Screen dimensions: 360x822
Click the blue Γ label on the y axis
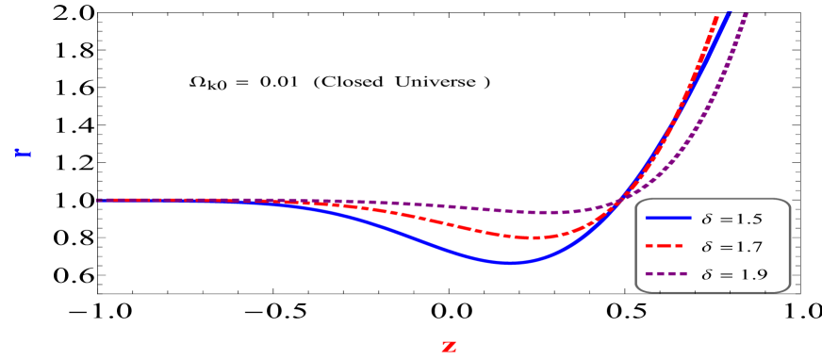pyautogui.click(x=23, y=153)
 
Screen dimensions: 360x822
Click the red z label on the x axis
pyautogui.click(x=449, y=346)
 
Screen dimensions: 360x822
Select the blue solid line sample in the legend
pyautogui.click(x=669, y=219)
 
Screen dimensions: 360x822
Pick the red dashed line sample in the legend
pyautogui.click(x=669, y=247)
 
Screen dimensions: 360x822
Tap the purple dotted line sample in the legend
pyautogui.click(x=669, y=275)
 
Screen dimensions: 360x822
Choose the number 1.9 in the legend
pyautogui.click(x=748, y=275)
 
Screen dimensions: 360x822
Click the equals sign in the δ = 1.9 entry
pyautogui.click(x=724, y=275)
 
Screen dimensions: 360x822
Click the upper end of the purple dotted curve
pyautogui.click(x=746, y=14)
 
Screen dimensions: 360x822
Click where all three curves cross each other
pyautogui.click(x=618, y=199)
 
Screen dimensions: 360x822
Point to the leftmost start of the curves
pyautogui.click(x=98, y=200)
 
